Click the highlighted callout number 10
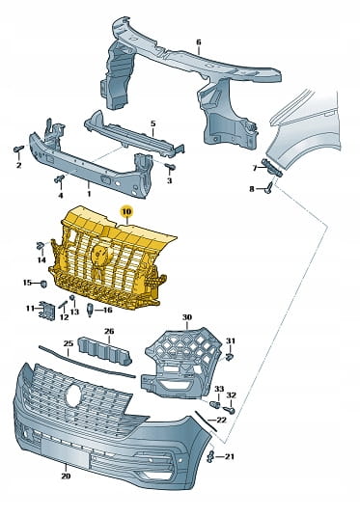coord(126,210)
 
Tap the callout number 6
coord(198,42)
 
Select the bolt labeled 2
coord(18,150)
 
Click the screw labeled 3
coord(171,167)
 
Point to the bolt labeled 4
coord(60,178)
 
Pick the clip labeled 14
coord(41,246)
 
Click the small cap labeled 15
coord(43,284)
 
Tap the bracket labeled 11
coord(47,311)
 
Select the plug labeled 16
coord(90,310)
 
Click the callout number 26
coord(109,331)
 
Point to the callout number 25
coord(69,343)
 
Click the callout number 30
coord(187,317)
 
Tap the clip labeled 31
coord(230,356)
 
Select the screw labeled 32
coord(229,410)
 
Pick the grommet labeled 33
coord(215,404)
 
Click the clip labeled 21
coord(211,456)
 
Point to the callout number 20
coord(66,476)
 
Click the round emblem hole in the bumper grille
coord(74,395)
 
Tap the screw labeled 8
coord(269,188)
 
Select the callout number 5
coord(152,124)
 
